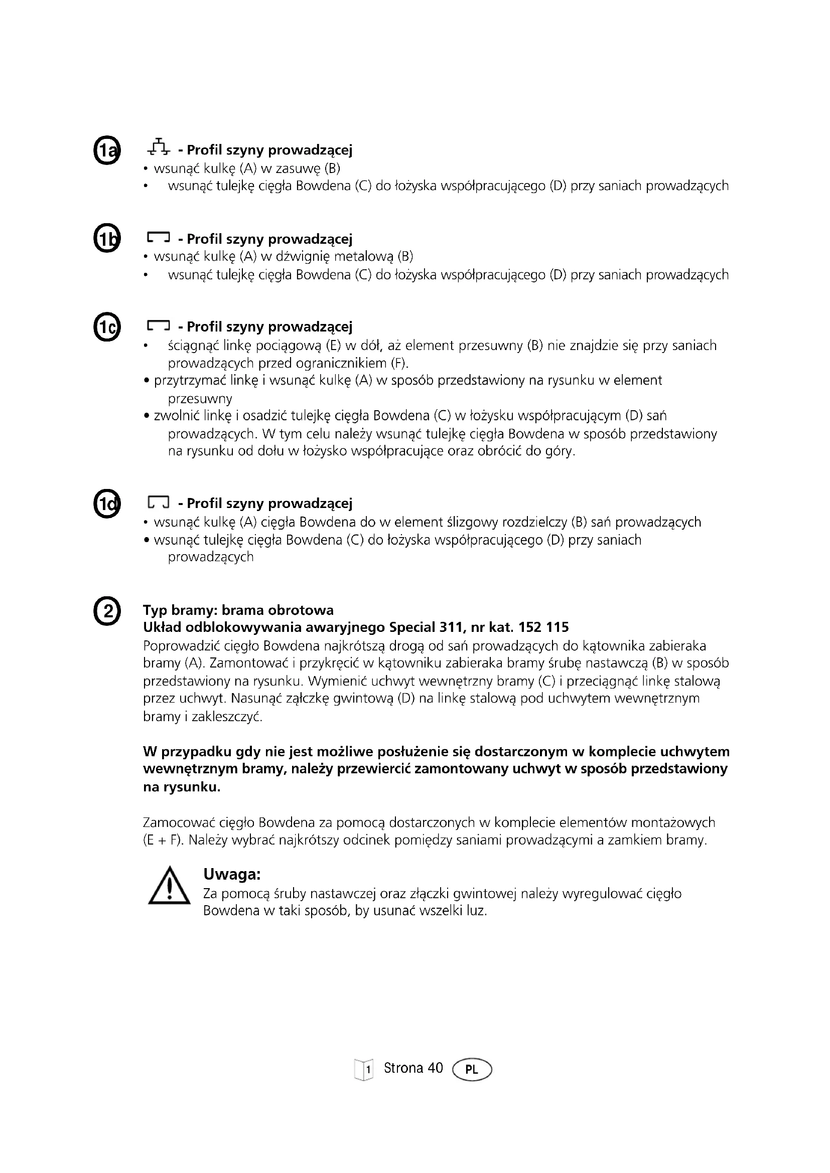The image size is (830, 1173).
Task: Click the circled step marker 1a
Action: coord(107,151)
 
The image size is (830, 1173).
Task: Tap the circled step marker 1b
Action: coord(107,239)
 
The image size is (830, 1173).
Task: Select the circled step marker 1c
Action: coord(107,327)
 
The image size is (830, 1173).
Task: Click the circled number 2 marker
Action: coord(107,611)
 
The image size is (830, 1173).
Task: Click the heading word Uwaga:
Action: coord(232,874)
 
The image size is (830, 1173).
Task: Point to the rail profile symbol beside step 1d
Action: coord(159,503)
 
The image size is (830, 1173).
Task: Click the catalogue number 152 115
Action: coord(544,627)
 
